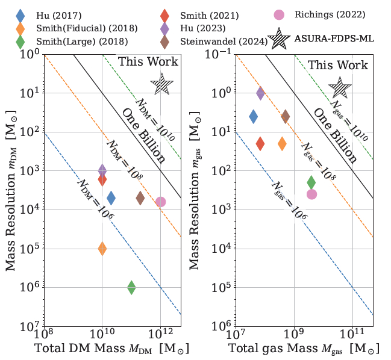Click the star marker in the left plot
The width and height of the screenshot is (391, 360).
coord(161,84)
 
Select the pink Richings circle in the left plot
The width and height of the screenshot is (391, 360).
coord(160,202)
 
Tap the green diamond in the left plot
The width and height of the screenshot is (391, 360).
coord(131,288)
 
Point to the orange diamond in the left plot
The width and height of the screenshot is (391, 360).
coord(102,249)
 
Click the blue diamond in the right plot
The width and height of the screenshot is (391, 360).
coord(254,116)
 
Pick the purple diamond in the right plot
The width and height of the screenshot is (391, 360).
coord(260,93)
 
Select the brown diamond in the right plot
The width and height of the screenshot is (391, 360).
coord(286,116)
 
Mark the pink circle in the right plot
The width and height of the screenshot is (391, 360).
coord(311,194)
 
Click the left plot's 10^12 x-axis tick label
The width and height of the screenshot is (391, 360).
coord(160,335)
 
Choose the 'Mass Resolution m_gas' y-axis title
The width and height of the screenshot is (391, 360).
coord(199,191)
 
